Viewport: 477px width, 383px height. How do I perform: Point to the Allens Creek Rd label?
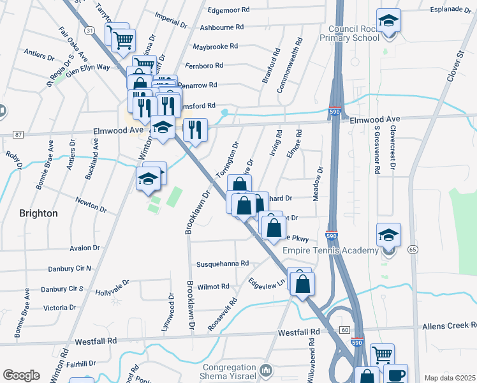449,326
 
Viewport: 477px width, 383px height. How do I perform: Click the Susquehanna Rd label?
221,263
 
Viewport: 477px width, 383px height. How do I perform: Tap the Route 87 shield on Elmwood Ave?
17,134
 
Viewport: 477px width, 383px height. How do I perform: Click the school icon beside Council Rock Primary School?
388,20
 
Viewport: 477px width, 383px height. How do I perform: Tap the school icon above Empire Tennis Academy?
388,234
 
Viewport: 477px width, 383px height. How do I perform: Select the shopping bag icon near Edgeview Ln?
302,283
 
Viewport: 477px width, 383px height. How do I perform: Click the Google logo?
21,375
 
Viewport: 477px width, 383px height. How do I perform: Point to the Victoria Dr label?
59,308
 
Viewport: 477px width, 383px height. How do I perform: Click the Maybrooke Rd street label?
215,47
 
